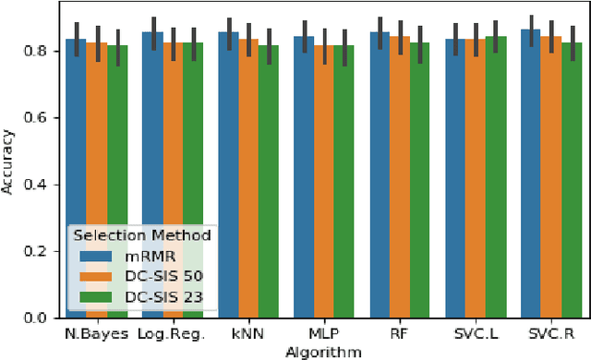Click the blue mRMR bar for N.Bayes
tap(76, 138)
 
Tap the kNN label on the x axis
tap(249, 333)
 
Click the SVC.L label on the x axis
tap(476, 333)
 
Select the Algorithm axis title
tap(324, 351)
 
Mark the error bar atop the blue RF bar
tap(380, 31)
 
